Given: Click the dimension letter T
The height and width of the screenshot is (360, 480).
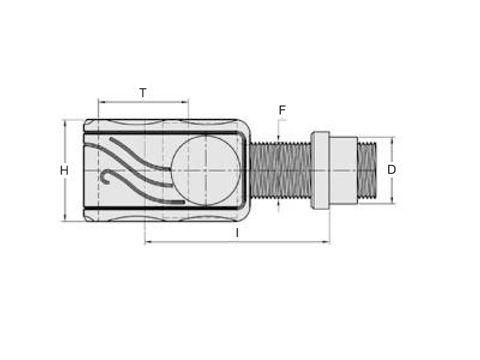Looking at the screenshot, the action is tap(143, 93).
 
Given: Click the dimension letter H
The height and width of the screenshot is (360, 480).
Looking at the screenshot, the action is tap(64, 170).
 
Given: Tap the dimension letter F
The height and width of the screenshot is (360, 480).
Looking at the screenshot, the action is tap(282, 110).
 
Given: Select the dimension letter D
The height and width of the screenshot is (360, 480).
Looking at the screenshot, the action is tap(392, 170).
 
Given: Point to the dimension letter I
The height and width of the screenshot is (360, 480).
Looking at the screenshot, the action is tap(237, 233).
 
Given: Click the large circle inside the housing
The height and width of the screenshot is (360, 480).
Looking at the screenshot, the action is tap(206, 170).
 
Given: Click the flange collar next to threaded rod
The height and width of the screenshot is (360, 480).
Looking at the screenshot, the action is tap(320, 170).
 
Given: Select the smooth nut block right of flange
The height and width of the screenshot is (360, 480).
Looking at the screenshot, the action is tap(343, 170).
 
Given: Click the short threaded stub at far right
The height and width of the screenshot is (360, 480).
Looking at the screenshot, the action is tap(367, 170).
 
